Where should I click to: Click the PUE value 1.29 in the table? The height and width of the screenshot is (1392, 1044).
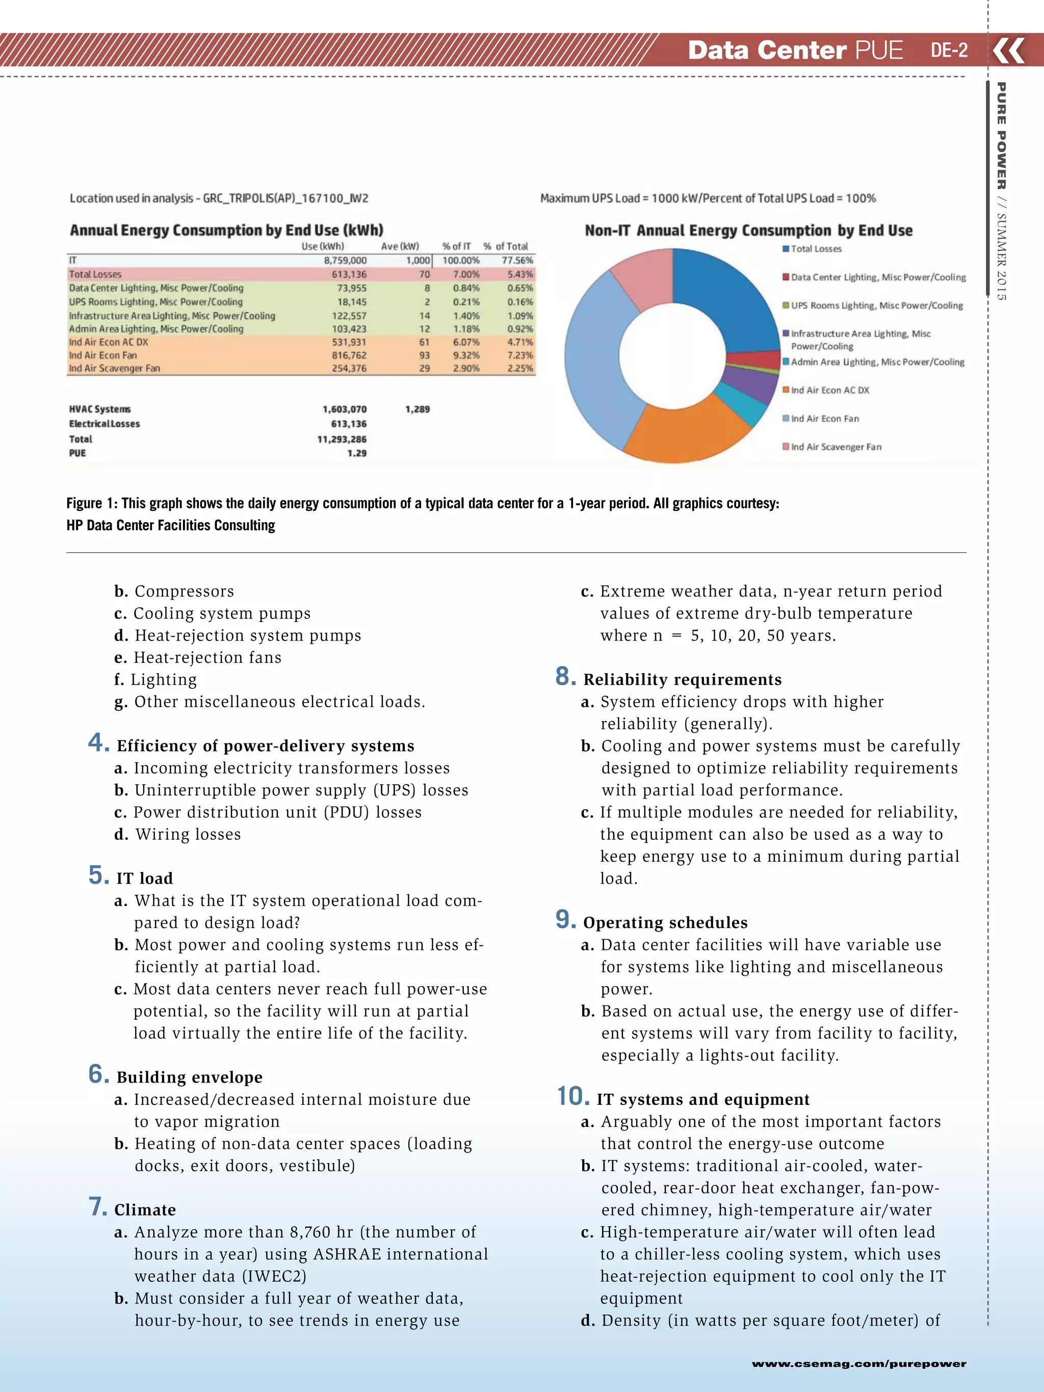356,453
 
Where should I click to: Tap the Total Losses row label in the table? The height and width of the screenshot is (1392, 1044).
95,274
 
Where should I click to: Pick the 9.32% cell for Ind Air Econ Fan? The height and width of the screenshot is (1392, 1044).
466,355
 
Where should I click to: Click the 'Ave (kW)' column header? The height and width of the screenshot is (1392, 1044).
400,246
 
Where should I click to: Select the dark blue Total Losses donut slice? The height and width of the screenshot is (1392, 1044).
730,296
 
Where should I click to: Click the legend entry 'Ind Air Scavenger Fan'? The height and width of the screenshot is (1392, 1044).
836,447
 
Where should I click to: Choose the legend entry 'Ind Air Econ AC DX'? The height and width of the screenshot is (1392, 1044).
829,390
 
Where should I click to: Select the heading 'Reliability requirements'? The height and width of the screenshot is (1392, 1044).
682,680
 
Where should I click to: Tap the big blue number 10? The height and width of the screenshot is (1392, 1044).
572,1096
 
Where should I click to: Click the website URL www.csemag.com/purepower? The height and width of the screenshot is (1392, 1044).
858,1363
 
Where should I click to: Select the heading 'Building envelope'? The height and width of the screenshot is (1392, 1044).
190,1077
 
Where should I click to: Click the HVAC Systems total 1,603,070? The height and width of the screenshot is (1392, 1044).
344,409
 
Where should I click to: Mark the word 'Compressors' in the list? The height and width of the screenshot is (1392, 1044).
184,591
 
